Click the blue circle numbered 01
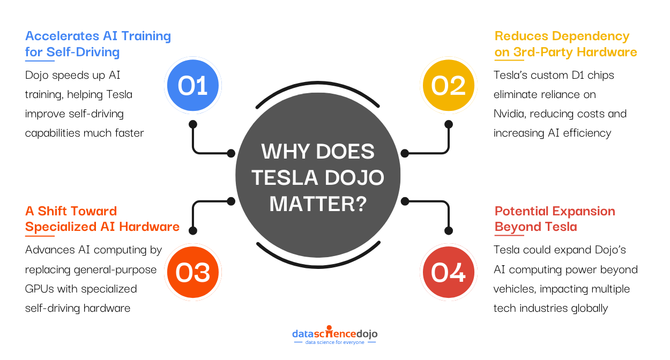(193, 86)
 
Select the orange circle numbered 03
(193, 272)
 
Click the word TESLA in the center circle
(278, 177)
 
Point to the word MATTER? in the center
(318, 203)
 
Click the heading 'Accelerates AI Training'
(98, 36)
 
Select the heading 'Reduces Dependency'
(562, 36)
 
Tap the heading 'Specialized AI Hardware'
(102, 227)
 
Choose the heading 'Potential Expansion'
(555, 211)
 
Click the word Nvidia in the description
(509, 114)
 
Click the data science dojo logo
(334, 334)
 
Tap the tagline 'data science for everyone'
(334, 342)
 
